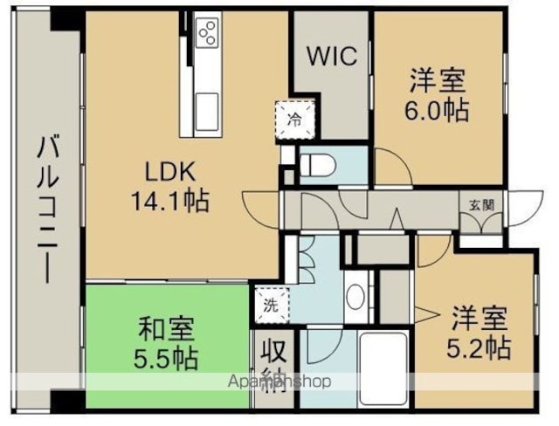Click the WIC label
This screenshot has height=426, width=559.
tap(332, 56)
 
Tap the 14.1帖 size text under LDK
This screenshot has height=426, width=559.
tap(170, 201)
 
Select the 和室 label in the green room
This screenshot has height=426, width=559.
tap(166, 329)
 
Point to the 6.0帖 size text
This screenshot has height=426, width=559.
tap(437, 110)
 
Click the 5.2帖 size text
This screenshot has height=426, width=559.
tap(480, 347)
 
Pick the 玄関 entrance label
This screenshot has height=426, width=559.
tap(481, 205)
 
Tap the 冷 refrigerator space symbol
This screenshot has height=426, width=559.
tap(295, 120)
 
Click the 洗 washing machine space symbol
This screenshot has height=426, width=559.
tap(272, 305)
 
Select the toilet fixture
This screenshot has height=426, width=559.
tap(318, 165)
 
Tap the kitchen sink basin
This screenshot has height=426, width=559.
tap(207, 112)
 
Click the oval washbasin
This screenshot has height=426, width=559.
tap(355, 298)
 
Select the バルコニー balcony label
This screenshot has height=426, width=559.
tap(48, 209)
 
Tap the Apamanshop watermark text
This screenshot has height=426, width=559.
tap(279, 381)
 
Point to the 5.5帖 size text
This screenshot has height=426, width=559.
tap(166, 358)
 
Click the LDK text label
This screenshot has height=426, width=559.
tap(170, 172)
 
